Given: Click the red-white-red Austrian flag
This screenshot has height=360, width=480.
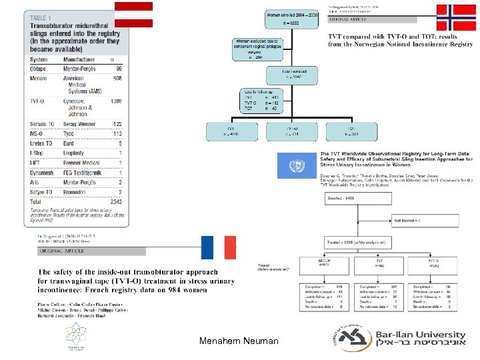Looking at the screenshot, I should (133, 14).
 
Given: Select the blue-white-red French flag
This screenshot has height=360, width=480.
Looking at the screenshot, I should (218, 247).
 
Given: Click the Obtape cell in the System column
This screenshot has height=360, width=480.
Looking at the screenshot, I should (39, 68).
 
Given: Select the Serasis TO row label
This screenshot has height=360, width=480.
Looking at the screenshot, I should (42, 124).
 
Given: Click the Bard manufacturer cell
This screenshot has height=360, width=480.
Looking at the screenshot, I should (69, 143).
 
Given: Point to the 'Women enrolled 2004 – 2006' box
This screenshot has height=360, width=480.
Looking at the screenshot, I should (291, 18).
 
